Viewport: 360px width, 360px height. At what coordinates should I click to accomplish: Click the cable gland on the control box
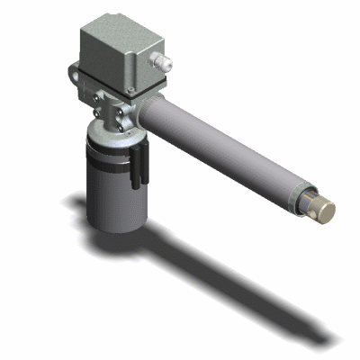[x=163, y=62]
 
